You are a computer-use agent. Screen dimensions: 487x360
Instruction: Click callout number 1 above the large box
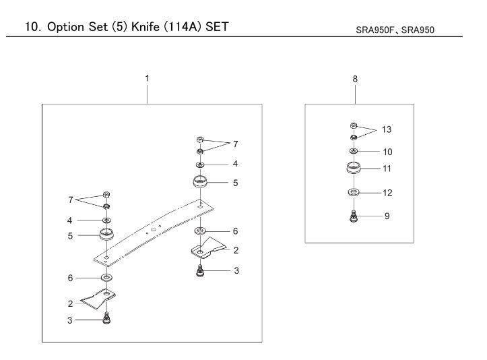coord(148,78)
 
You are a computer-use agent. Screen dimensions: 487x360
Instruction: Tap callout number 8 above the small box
coord(355,79)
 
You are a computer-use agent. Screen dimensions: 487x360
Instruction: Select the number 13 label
coord(387,129)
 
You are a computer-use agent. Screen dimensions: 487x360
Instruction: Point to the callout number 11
coord(387,169)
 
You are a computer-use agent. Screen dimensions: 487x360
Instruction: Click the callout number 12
coord(387,193)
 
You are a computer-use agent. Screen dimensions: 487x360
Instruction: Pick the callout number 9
coord(387,216)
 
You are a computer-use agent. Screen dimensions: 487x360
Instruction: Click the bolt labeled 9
coord(354,216)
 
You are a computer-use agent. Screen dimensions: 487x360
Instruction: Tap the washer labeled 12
coord(354,192)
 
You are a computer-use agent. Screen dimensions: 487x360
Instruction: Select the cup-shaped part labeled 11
coord(354,168)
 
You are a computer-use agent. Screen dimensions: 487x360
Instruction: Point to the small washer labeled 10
coord(354,151)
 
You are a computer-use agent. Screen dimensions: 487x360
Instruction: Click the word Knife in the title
coord(145,27)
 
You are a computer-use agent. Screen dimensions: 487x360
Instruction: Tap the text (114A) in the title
coord(183,27)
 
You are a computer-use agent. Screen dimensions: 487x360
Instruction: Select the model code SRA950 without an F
coord(418,30)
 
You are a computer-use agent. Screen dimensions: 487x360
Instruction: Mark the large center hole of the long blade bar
coord(154,229)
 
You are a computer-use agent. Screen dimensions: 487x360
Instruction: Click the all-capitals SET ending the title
coord(217,27)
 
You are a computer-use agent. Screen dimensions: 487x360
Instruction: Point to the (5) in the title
coord(118,27)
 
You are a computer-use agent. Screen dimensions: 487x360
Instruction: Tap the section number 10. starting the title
coord(32,27)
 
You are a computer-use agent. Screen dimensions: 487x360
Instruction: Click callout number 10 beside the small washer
coord(387,152)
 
